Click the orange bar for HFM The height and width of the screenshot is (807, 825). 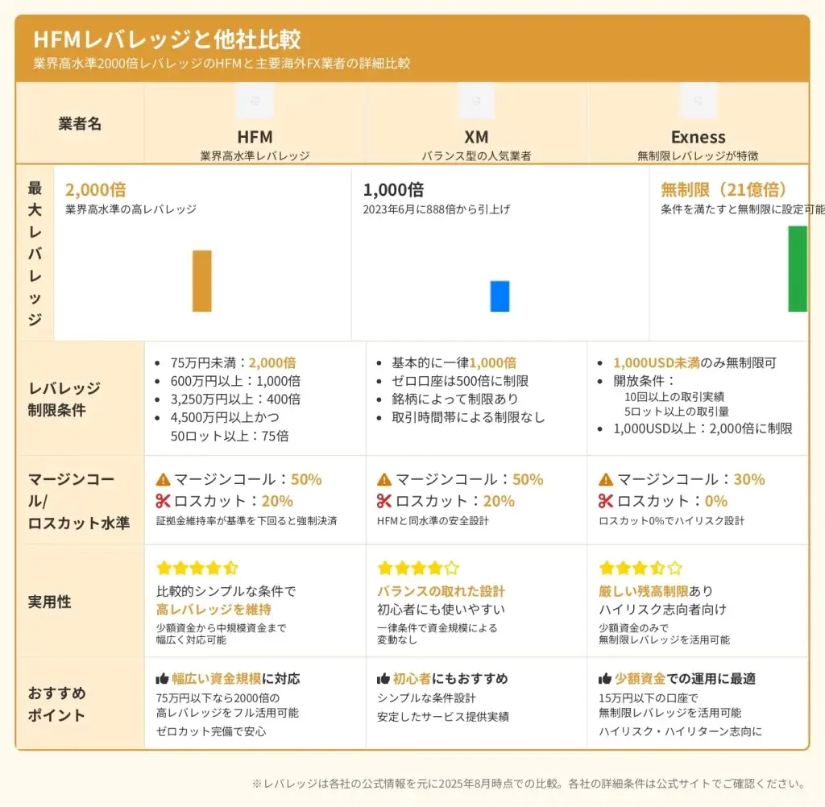click(x=201, y=281)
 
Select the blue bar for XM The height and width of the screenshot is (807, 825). click(x=500, y=296)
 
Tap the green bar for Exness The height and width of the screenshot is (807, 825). click(x=797, y=268)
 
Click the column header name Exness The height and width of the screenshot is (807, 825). click(x=698, y=137)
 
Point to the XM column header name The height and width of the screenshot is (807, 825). click(x=476, y=137)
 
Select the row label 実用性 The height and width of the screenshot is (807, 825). click(x=50, y=602)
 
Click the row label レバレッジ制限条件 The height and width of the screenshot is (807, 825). click(x=64, y=399)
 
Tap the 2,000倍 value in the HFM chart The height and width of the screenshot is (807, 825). click(x=95, y=190)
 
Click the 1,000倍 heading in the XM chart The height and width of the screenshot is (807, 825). click(x=393, y=190)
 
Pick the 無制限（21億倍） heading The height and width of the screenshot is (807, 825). click(x=723, y=190)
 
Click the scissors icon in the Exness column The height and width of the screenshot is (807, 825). click(x=606, y=501)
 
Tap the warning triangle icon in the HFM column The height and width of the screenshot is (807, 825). click(x=164, y=479)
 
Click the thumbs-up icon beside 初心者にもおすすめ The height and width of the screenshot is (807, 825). click(x=383, y=679)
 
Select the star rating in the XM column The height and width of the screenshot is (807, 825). click(x=418, y=568)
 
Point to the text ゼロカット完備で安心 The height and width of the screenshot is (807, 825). click(x=211, y=731)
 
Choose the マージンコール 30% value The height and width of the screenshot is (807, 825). click(x=748, y=479)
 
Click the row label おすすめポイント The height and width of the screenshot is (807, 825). click(x=56, y=704)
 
